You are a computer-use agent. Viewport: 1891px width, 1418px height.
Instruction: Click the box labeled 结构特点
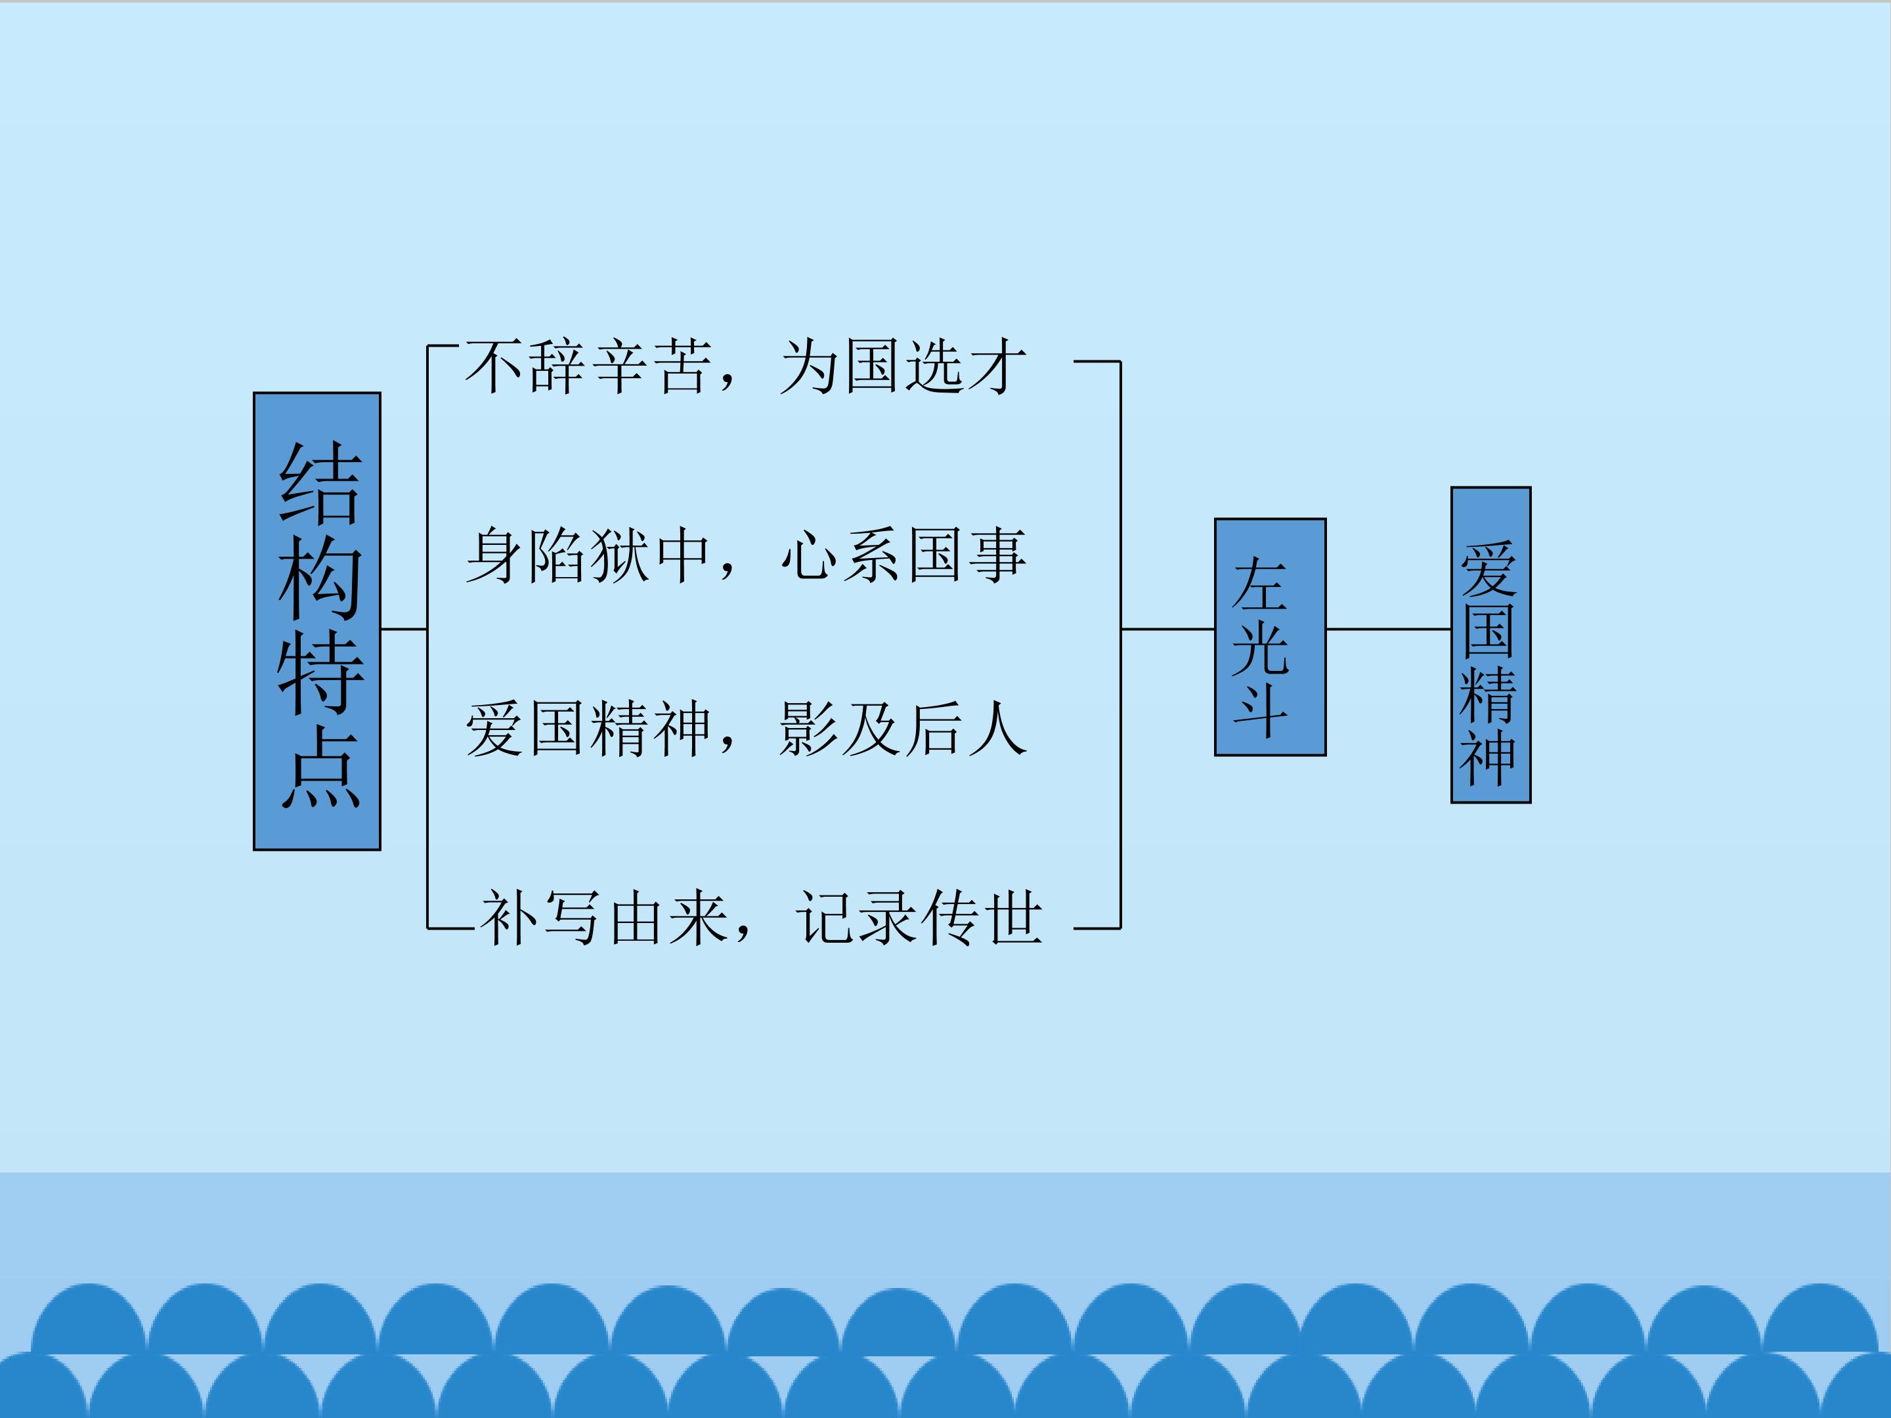click(x=317, y=622)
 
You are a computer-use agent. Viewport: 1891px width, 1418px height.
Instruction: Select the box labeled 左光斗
click(x=1271, y=637)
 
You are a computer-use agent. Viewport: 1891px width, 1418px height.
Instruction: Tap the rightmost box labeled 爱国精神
click(x=1491, y=645)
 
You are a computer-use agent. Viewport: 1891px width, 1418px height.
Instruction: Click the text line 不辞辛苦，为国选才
click(x=745, y=367)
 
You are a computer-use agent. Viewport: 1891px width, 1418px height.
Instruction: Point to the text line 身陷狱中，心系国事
click(x=745, y=555)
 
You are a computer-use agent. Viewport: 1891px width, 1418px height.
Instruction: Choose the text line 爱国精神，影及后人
click(x=745, y=729)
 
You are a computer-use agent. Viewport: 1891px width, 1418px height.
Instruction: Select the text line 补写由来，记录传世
click(x=761, y=918)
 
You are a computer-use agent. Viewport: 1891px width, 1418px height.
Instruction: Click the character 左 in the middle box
click(x=1260, y=584)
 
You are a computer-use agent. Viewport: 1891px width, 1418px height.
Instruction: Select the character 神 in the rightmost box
click(x=1489, y=758)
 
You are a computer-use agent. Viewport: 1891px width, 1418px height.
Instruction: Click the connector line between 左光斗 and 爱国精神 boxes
click(x=1388, y=629)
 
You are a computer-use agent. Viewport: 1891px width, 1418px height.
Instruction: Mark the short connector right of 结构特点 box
click(x=404, y=629)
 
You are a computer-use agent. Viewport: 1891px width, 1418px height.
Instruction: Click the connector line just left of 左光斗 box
click(x=1168, y=629)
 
